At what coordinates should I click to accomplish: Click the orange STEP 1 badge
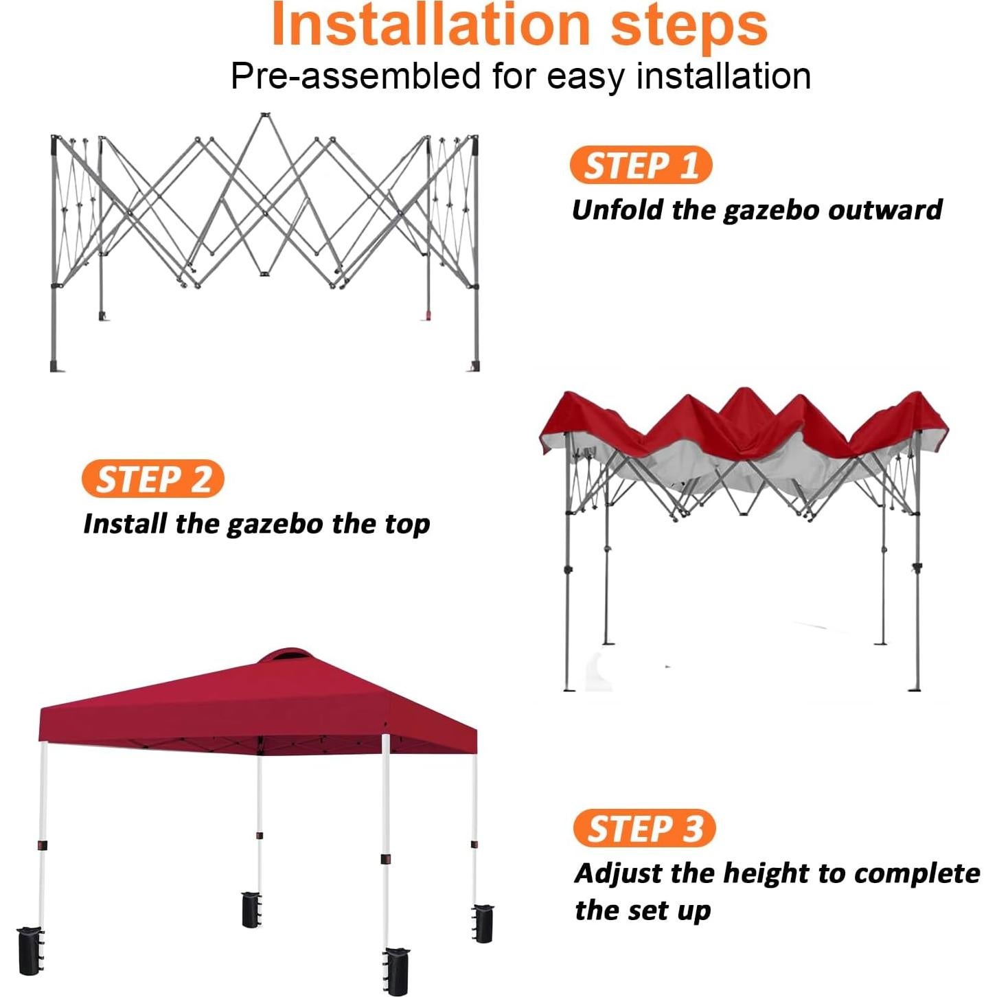pos(641,165)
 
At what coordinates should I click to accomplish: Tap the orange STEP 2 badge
pos(152,479)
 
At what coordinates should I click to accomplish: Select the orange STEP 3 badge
pos(644,828)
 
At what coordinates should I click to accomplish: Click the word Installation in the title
pos(431,25)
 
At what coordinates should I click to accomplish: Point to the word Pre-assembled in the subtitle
pos(355,76)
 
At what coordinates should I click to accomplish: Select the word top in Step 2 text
pos(407,524)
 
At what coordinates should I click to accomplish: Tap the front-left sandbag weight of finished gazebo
pos(30,951)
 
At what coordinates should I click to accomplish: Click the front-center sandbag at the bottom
pos(397,970)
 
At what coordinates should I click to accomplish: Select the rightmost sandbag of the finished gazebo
pos(483,923)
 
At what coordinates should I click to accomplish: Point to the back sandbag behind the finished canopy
pos(251,909)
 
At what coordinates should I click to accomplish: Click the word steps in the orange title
pos(689,25)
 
